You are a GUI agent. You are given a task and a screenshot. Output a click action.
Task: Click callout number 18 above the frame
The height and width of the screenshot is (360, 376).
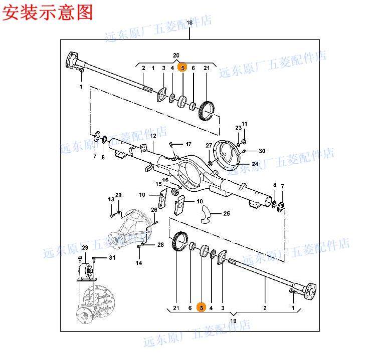click(x=190, y=23)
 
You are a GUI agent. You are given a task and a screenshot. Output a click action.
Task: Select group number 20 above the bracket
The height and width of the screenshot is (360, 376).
click(x=176, y=55)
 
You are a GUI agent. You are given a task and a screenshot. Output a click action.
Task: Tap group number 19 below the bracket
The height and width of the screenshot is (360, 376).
click(x=233, y=320)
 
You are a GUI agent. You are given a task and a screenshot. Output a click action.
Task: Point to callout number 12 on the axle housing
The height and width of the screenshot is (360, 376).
click(x=153, y=136)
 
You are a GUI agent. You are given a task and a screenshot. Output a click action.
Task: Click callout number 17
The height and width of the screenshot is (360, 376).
click(x=188, y=144)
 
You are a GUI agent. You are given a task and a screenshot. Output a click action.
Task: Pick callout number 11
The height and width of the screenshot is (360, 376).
click(x=245, y=124)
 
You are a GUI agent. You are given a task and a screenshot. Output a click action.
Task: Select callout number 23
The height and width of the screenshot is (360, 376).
click(x=239, y=128)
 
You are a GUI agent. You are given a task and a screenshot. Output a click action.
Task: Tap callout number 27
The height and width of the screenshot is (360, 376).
click(x=209, y=145)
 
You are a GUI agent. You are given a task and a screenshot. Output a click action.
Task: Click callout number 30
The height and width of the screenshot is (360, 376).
click(x=262, y=151)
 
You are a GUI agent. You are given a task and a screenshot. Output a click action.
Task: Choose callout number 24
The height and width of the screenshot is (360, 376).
click(x=255, y=164)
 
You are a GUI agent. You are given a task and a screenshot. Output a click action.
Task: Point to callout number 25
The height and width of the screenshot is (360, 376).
click(x=226, y=213)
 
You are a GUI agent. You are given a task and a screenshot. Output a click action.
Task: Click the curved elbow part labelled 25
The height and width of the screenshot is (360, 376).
click(x=204, y=213)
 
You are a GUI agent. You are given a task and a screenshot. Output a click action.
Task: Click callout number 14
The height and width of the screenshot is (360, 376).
click(x=139, y=263)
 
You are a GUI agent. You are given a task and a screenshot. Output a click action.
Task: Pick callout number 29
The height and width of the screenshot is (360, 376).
click(x=85, y=248)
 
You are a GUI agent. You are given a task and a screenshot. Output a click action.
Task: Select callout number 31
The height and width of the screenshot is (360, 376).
click(x=112, y=258)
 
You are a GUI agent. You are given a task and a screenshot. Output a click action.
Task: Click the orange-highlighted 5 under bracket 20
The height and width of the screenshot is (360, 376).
click(x=183, y=68)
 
